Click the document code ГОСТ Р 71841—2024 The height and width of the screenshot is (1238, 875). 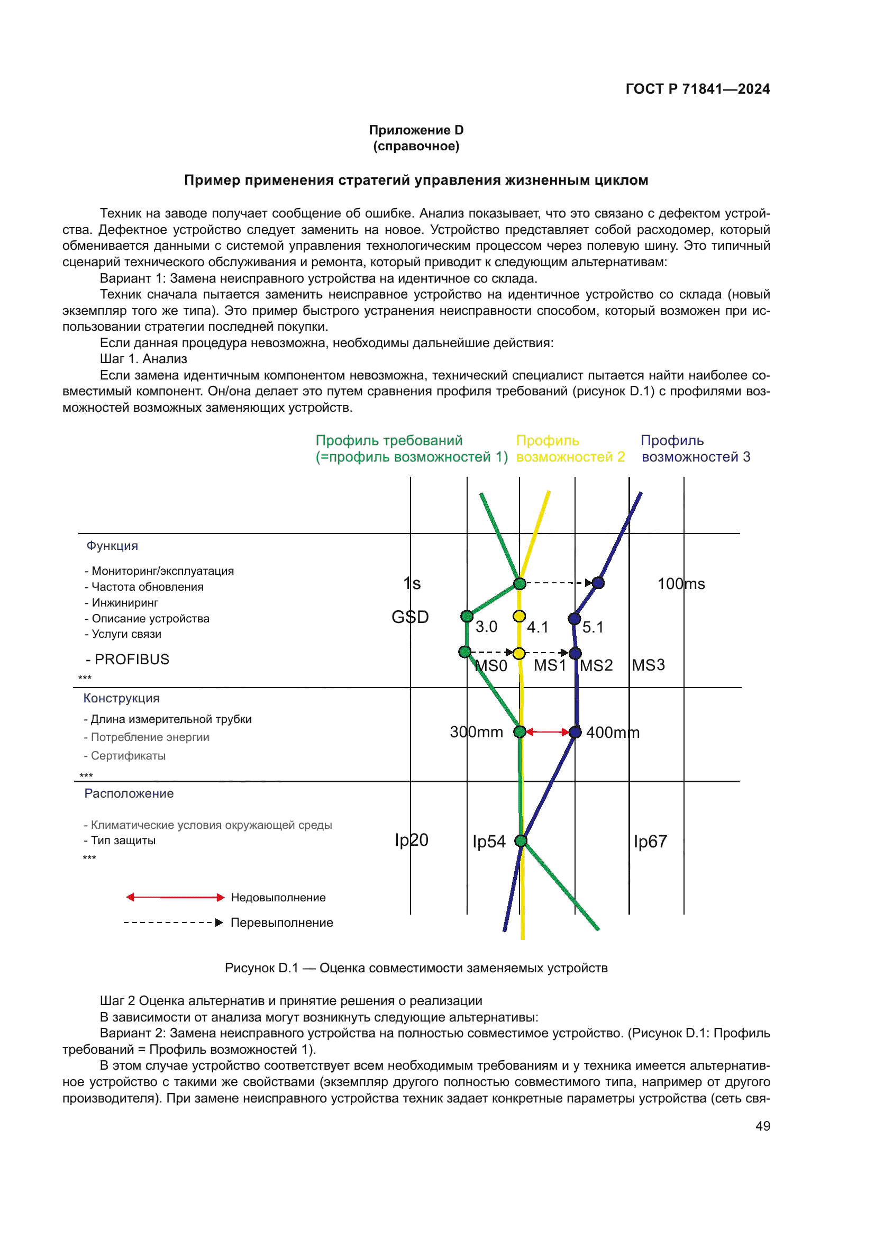[x=697, y=89]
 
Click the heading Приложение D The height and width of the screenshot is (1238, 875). [x=416, y=130]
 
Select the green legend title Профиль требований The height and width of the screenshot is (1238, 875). [x=388, y=440]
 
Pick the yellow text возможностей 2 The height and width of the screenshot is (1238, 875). [x=570, y=457]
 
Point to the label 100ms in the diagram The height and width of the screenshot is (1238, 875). [x=680, y=584]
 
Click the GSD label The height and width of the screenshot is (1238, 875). [x=409, y=617]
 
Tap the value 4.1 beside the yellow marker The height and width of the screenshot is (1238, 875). [x=537, y=627]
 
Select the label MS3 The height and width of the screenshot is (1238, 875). [x=648, y=665]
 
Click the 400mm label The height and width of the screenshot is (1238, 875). [x=613, y=733]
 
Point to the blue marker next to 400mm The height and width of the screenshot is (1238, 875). [x=575, y=732]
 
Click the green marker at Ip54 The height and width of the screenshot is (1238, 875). [x=521, y=841]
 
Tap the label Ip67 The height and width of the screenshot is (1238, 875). [x=650, y=842]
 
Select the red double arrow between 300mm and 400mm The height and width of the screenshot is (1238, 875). [x=548, y=732]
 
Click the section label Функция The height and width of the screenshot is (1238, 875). [x=112, y=546]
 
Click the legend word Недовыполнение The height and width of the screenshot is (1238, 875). [x=278, y=898]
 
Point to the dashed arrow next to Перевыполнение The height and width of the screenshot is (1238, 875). [x=173, y=923]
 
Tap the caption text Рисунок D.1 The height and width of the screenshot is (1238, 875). [x=261, y=968]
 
